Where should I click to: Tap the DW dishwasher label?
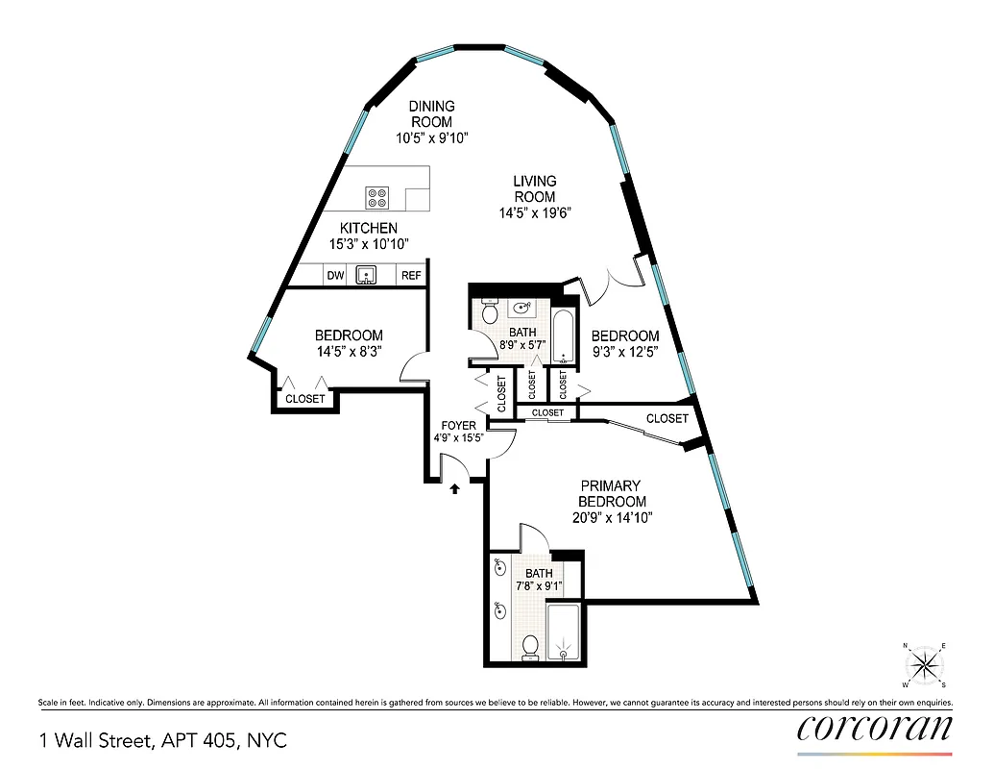point(335,276)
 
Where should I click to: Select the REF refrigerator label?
point(411,276)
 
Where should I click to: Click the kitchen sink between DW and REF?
point(367,276)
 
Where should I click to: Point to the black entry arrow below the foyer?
point(454,488)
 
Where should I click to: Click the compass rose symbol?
point(924,664)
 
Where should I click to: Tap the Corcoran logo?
point(874,728)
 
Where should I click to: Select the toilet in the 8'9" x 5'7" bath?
point(489,312)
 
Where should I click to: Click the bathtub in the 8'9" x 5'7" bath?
point(565,336)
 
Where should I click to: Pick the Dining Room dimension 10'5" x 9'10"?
point(431,138)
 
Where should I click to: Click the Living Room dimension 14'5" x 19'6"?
point(534,213)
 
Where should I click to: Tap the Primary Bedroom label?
point(611,493)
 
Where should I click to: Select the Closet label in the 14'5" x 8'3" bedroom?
point(305,399)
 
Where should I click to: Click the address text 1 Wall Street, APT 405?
point(162,740)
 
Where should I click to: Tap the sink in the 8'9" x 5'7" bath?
point(523,309)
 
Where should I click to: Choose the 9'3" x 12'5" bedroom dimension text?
point(625,353)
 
